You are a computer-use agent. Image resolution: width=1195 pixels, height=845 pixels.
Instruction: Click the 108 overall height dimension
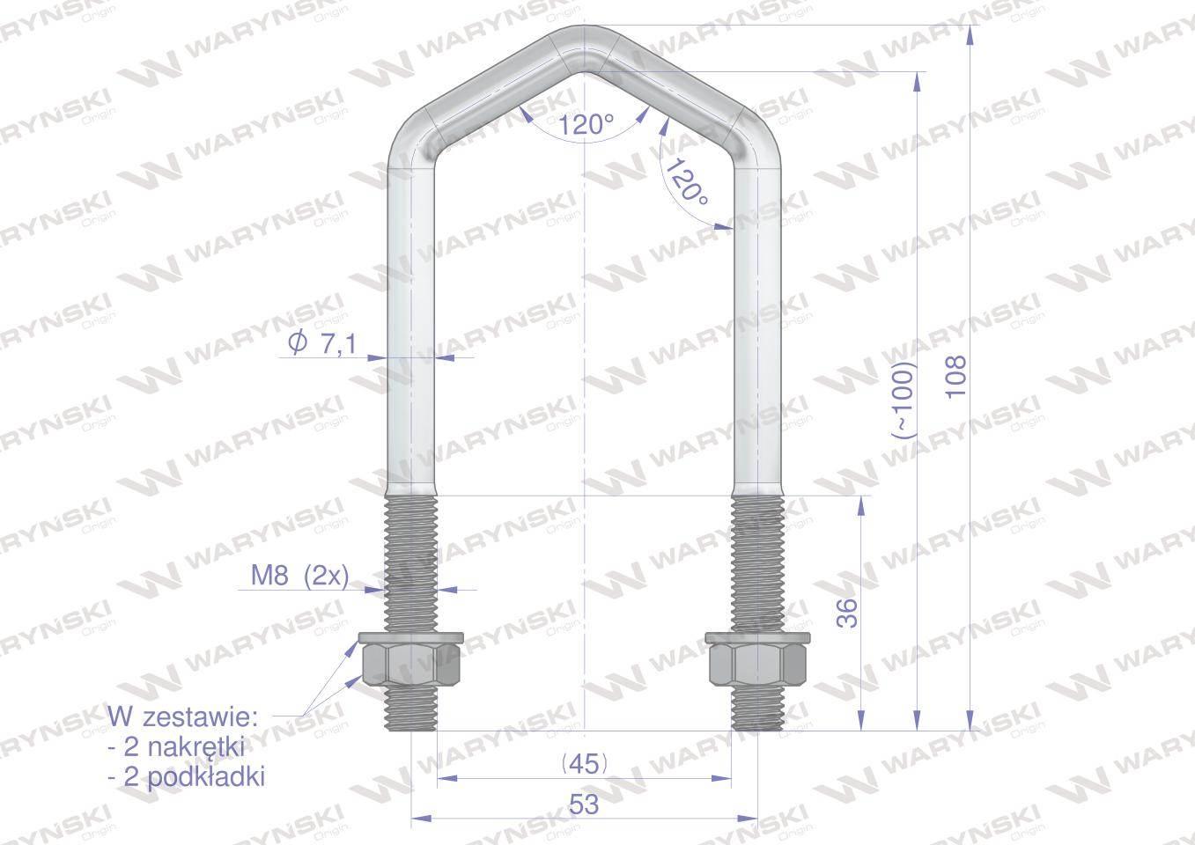click(955, 377)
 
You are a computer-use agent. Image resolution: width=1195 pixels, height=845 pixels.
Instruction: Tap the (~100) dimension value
click(904, 400)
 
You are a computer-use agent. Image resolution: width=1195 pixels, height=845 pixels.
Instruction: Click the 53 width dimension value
click(584, 804)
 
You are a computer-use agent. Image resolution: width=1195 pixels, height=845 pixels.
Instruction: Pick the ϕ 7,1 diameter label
click(321, 343)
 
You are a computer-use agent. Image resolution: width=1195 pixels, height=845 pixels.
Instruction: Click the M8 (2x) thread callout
click(299, 576)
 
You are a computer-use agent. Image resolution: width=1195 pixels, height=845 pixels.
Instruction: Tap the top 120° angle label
click(586, 126)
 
